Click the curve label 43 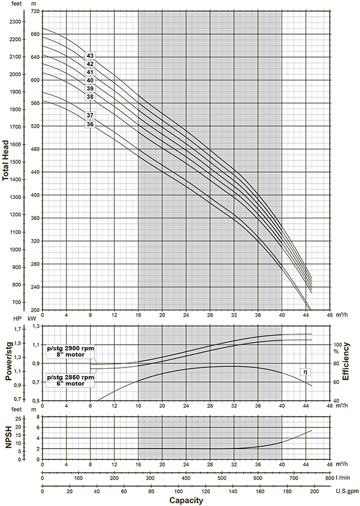[x=90, y=56]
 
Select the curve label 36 [x=90, y=124]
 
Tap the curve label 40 [x=90, y=80]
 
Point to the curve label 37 [x=90, y=115]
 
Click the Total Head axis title [x=5, y=161]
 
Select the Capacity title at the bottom [x=186, y=501]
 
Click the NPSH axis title [x=9, y=437]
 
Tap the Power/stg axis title [x=9, y=361]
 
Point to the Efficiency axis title [x=346, y=362]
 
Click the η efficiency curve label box [x=305, y=372]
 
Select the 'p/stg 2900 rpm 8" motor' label [x=70, y=351]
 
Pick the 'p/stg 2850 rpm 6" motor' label [x=70, y=381]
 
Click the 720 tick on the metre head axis [x=35, y=11]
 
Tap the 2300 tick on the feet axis [x=16, y=22]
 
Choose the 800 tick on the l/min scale [x=329, y=478]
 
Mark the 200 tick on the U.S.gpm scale [x=314, y=492]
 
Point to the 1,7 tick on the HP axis [x=16, y=329]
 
